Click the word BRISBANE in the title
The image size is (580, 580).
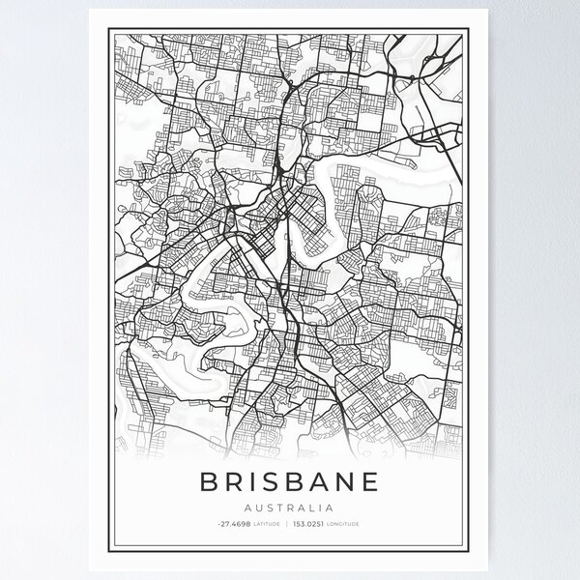pos(290,480)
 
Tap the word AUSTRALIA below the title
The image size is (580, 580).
pos(290,506)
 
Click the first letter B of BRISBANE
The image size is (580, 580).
pos(205,480)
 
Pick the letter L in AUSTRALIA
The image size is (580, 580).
pos(311,506)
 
